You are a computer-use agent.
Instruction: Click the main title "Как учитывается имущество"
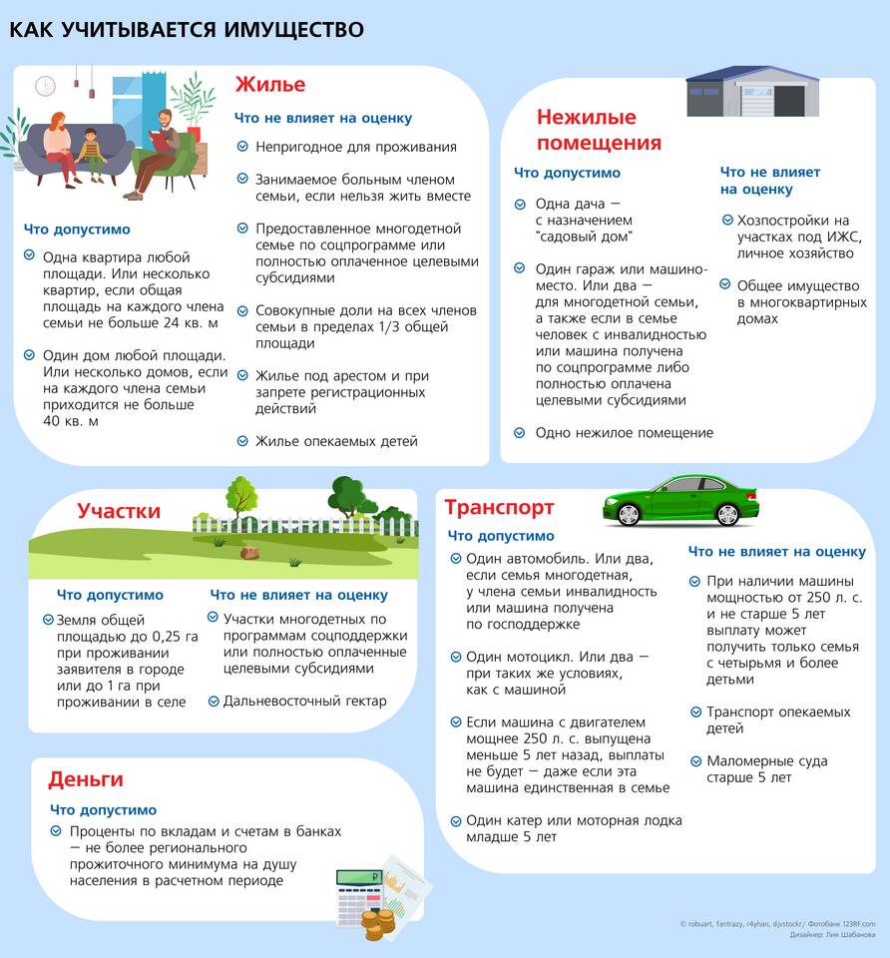point(187,30)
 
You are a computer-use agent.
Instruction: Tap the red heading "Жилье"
point(269,84)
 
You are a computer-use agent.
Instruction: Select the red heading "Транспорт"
point(499,508)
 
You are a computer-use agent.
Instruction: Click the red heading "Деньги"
point(86,779)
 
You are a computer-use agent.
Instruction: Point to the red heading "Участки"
point(119,511)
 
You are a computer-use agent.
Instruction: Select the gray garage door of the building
point(789,101)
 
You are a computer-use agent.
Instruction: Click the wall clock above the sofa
point(45,87)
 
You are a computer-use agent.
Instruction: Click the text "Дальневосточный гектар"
point(304,701)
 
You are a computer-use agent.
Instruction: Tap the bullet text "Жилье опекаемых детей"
point(336,441)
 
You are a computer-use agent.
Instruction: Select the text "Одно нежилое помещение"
point(624,433)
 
